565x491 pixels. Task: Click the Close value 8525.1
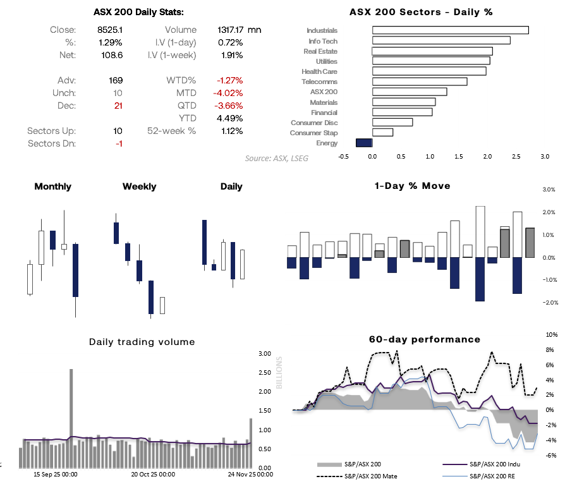pos(110,30)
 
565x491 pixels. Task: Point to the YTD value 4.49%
pos(230,118)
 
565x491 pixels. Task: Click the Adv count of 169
pos(116,80)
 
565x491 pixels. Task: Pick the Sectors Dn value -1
pos(118,143)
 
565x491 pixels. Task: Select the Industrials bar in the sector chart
pos(450,30)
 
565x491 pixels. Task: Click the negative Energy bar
pos(364,143)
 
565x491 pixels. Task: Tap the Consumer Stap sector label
pos(313,133)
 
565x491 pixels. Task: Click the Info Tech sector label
pos(322,41)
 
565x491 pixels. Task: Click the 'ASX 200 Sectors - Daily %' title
pos(421,12)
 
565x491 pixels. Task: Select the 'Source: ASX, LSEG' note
pos(277,158)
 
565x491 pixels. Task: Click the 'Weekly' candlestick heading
pos(139,186)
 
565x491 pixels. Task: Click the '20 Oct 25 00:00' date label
pos(152,473)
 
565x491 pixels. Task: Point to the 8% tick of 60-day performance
pos(551,349)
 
